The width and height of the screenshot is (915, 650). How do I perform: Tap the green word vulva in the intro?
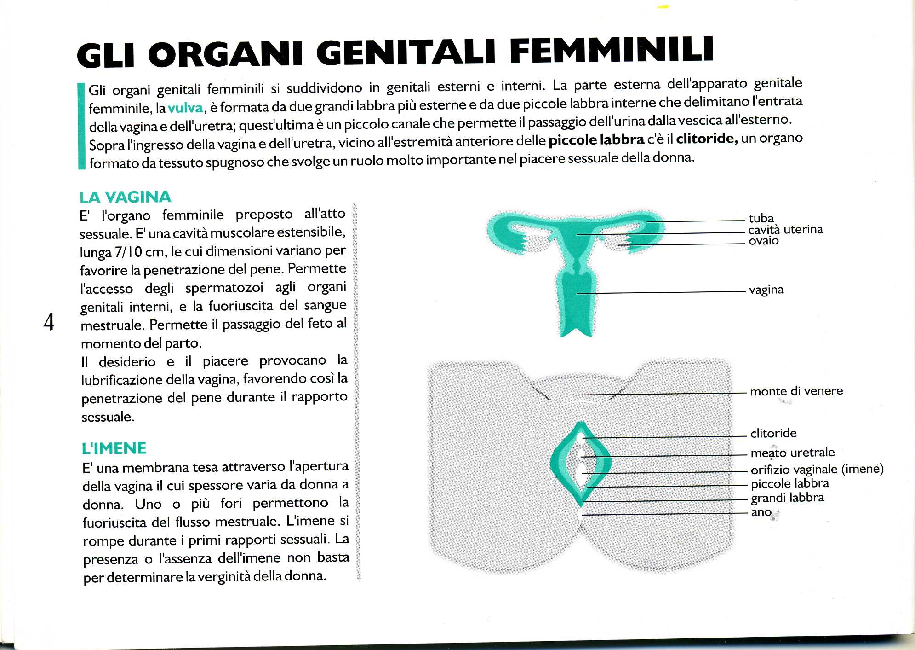point(185,108)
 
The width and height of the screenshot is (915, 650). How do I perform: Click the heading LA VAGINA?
point(125,197)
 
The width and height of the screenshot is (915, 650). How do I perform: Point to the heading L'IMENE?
point(114,448)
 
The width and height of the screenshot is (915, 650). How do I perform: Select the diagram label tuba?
point(761,218)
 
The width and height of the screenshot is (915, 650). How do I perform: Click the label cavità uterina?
point(785,229)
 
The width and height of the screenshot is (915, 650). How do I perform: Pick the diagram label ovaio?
point(763,241)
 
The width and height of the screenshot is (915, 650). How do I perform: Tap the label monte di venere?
point(796,391)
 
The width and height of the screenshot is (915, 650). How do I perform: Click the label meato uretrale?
point(792,453)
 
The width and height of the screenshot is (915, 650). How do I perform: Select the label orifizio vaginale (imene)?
point(817,469)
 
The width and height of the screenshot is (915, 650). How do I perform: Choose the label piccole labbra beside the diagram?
point(789,483)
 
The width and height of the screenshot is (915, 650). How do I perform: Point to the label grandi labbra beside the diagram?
point(787,498)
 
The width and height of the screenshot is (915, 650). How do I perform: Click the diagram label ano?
point(761,512)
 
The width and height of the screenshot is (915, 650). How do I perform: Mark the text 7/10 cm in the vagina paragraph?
point(135,252)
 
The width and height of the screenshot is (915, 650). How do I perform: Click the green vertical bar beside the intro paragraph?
point(82,126)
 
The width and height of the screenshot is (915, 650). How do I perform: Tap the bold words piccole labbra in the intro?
point(596,140)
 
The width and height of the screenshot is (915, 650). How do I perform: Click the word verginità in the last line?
point(224,576)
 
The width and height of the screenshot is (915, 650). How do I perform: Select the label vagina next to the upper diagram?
point(766,290)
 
